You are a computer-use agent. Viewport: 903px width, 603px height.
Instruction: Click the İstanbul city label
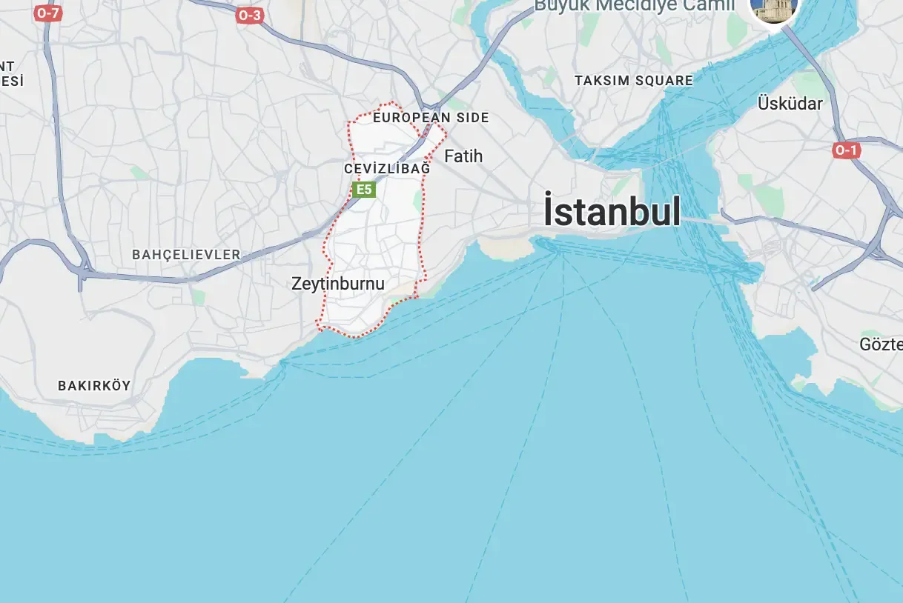[x=612, y=211]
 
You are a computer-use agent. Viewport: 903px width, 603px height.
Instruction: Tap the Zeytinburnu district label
[x=338, y=283]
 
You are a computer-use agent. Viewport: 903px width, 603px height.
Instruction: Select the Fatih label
[x=463, y=156]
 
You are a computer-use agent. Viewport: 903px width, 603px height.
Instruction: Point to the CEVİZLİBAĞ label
[x=387, y=169]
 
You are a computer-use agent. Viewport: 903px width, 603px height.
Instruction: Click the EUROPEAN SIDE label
[x=431, y=118]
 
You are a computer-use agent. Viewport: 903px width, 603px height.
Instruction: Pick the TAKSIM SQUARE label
[x=634, y=81]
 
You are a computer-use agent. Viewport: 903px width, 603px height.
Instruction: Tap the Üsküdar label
[x=790, y=104]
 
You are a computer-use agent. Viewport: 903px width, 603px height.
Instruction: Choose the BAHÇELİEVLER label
[x=186, y=255]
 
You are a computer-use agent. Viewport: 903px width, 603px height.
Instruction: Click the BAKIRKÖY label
[x=94, y=385]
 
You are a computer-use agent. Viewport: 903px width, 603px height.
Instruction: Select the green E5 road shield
[x=363, y=190]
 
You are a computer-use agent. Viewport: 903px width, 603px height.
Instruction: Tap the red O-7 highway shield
[x=47, y=13]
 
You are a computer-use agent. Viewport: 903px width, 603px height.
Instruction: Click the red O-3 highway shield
[x=250, y=15]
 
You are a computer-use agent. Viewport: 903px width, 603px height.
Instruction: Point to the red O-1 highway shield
[x=846, y=150]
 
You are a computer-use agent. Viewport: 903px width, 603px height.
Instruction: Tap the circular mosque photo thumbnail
[x=775, y=6]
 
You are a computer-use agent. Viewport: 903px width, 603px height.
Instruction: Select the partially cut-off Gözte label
[x=881, y=344]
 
